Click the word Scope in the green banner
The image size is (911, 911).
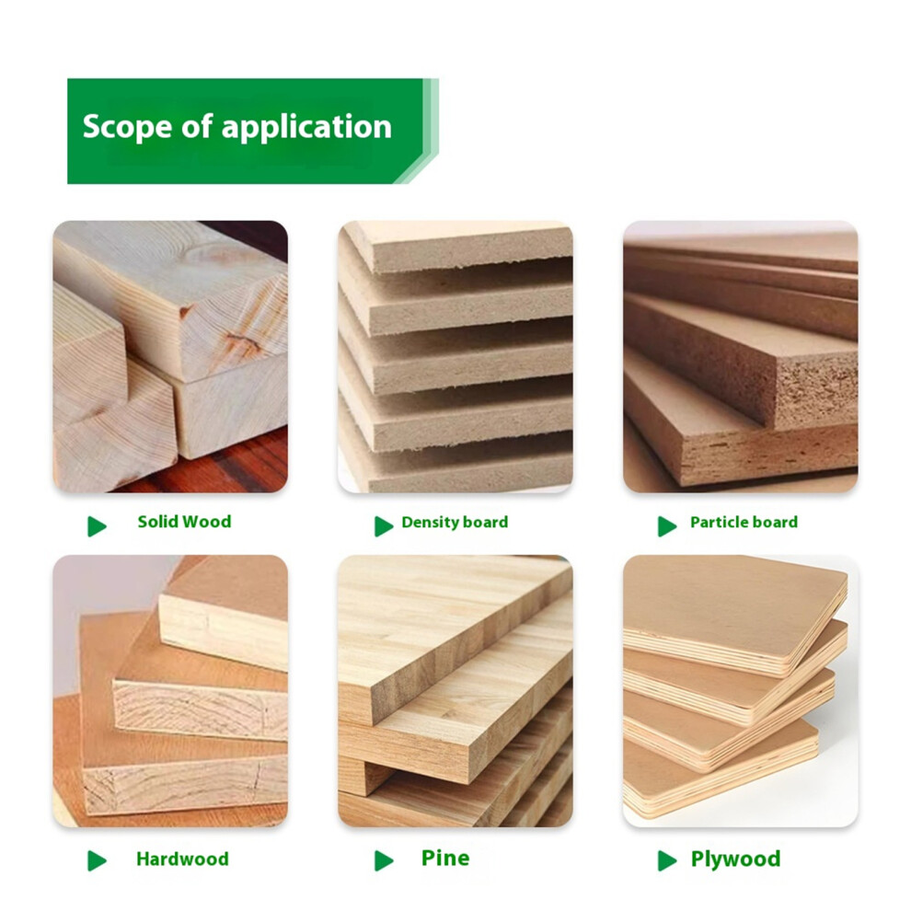(x=128, y=127)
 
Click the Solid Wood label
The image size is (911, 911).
(x=184, y=522)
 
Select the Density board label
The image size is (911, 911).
(x=455, y=523)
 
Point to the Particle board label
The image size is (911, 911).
(x=744, y=523)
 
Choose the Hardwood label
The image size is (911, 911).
(x=182, y=859)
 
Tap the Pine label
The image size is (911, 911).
(x=445, y=859)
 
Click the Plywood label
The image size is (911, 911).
(x=735, y=859)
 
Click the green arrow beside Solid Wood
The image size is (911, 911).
(x=97, y=526)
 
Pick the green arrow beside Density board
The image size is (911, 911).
(x=384, y=526)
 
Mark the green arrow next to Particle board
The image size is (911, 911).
(x=667, y=526)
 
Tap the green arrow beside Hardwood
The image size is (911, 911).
(x=97, y=860)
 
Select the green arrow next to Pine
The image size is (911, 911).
(x=384, y=860)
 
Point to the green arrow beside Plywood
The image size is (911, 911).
(x=667, y=860)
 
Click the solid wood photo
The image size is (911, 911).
(x=170, y=357)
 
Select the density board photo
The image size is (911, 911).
(x=455, y=357)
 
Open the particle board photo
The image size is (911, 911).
(x=741, y=357)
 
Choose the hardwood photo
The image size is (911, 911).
(x=170, y=691)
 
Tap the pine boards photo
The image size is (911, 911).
(x=455, y=691)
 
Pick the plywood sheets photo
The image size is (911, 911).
(x=741, y=691)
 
